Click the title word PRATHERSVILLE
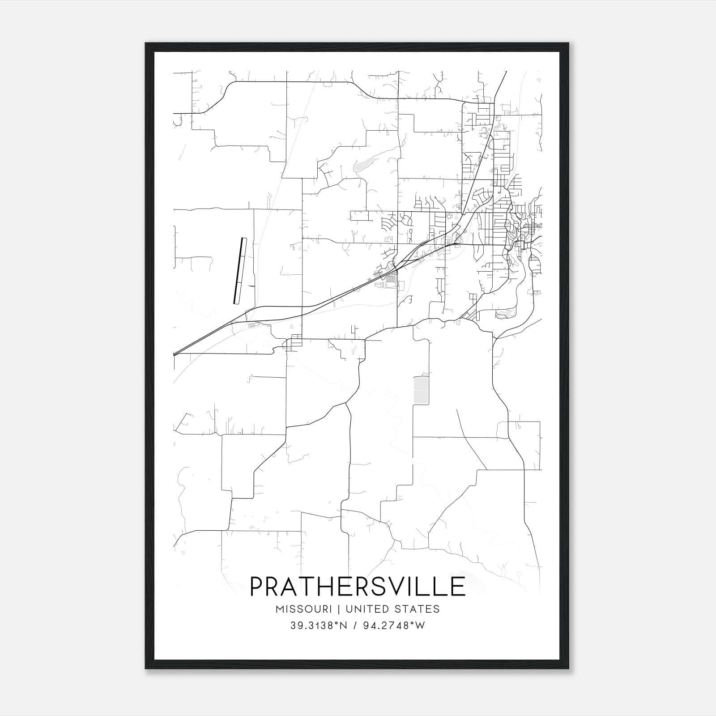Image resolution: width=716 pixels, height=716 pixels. coord(358,587)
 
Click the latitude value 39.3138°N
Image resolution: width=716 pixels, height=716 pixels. coord(318,626)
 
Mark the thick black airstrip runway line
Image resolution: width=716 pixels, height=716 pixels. coord(240,271)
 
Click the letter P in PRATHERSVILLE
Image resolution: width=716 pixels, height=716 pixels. coord(257,587)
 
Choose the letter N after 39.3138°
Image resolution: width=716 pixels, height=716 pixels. coord(343,626)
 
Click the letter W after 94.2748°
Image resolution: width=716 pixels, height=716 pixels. coord(420,626)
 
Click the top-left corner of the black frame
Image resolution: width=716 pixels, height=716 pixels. coord(146,43)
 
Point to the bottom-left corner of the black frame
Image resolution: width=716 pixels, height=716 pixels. coord(146,669)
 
